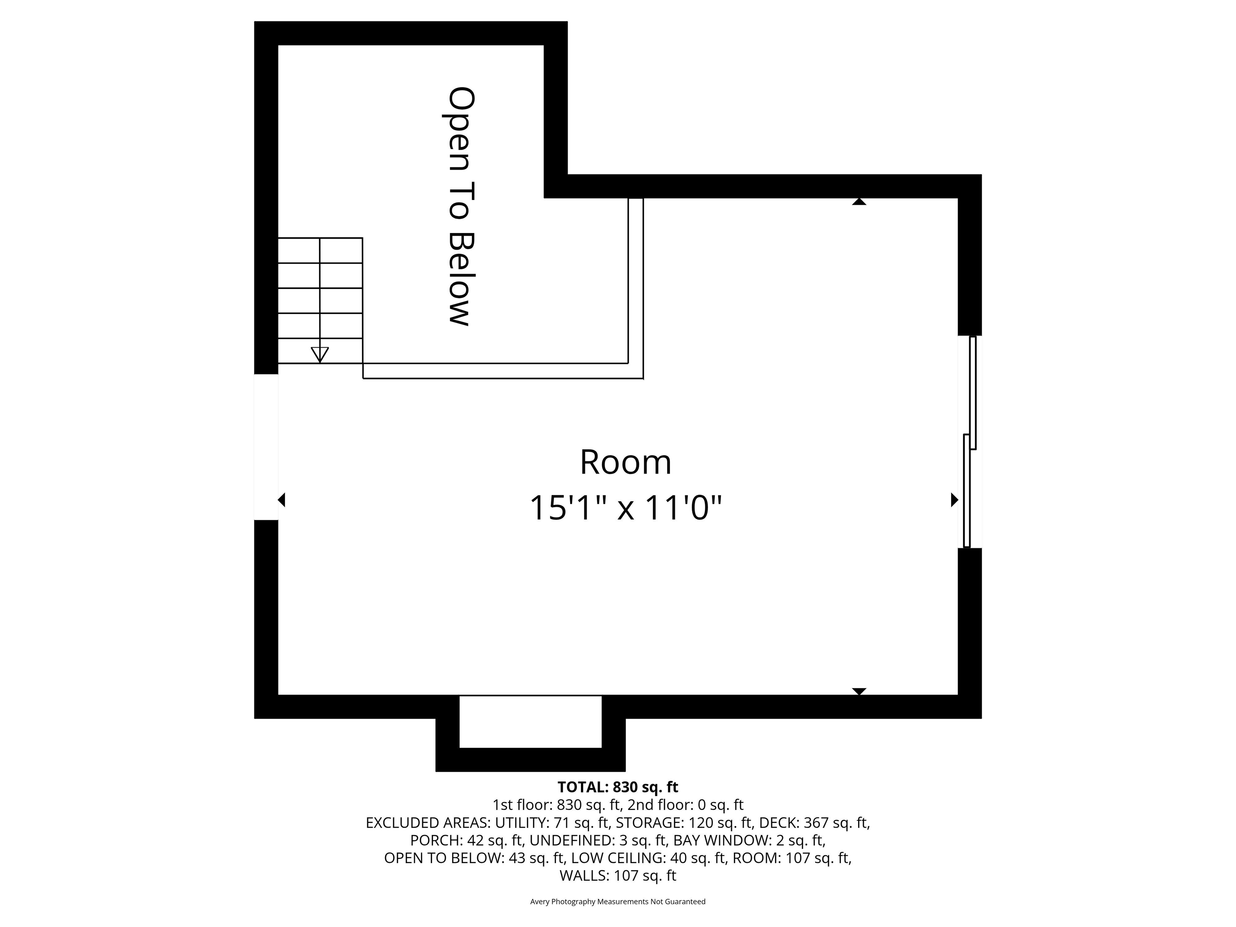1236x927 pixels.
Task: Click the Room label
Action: (625, 462)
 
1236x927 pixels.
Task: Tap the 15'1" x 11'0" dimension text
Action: (625, 508)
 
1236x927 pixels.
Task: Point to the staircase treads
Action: (320, 301)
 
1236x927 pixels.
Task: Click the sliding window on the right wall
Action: (970, 441)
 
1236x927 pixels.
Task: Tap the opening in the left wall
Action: (266, 447)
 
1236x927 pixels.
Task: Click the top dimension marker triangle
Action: (859, 202)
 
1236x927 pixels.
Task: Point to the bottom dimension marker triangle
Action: (859, 691)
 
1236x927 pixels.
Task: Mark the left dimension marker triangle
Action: (282, 500)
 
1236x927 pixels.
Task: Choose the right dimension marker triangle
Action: (954, 500)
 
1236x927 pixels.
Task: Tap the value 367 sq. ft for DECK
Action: (836, 822)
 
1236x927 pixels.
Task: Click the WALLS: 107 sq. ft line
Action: (618, 875)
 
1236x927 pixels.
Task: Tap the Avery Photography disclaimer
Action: (618, 901)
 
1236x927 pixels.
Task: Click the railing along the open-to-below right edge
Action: (636, 288)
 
